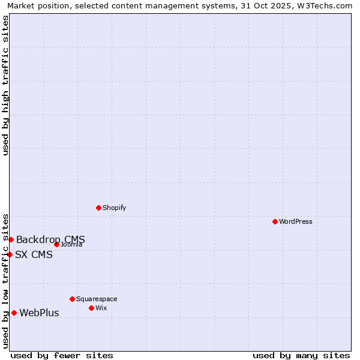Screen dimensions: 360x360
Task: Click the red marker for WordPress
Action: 275,221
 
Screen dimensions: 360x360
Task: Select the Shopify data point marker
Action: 98,208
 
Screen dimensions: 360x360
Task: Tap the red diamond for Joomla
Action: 56,244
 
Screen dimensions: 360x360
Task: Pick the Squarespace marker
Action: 72,299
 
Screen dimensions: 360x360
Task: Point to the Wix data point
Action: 91,308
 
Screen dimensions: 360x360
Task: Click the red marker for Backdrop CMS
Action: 11,239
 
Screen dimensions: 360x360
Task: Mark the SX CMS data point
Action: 10,254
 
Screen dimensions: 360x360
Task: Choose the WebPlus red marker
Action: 14,313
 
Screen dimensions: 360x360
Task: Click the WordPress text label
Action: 296,221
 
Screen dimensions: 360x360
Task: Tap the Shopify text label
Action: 114,208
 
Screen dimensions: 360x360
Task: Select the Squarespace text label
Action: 97,299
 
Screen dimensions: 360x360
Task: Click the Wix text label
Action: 101,308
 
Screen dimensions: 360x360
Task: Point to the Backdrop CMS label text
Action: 50,240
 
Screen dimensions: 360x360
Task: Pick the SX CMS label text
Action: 34,254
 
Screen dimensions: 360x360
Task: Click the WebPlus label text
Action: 39,313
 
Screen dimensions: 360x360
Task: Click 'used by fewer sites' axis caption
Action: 62,355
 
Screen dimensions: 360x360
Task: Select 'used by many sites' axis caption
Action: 301,355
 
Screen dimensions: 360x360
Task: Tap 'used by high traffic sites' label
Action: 5,85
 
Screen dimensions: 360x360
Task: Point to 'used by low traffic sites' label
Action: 5,280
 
